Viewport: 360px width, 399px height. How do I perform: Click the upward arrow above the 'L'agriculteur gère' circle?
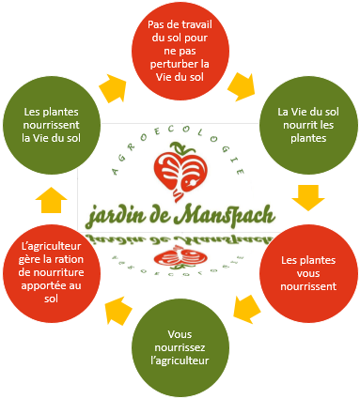coord(54,198)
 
